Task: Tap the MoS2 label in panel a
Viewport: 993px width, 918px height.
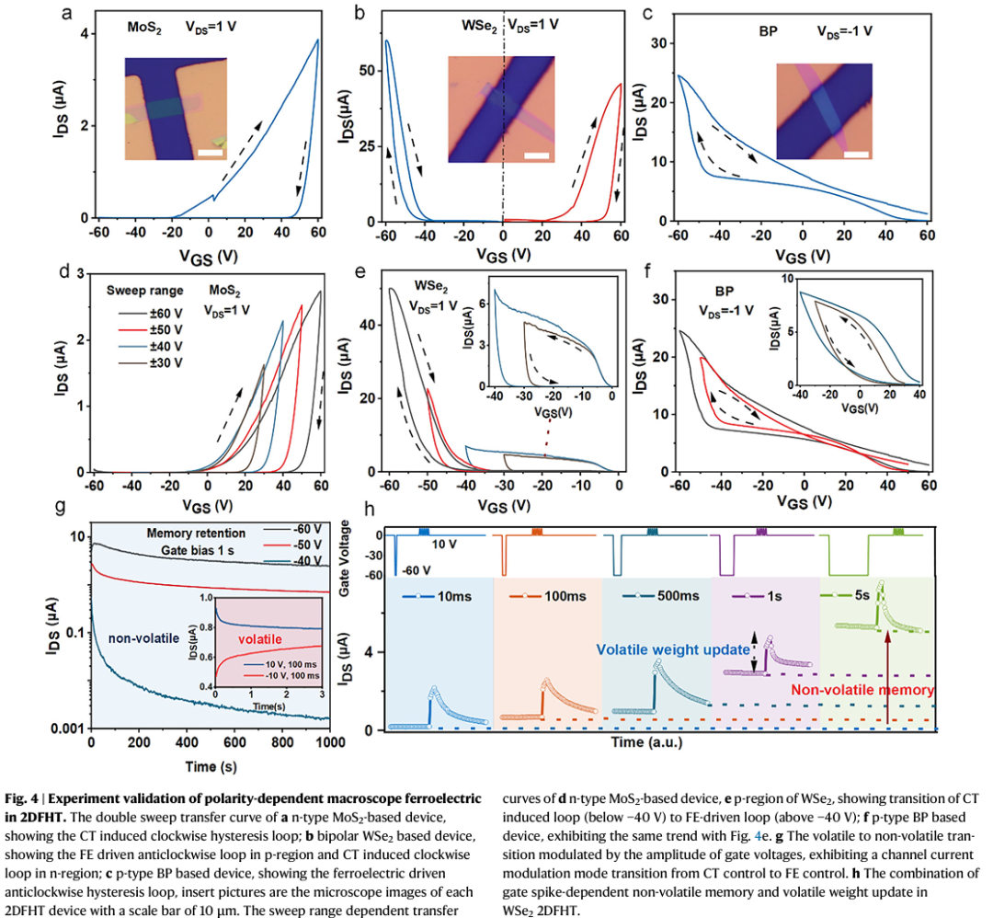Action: pos(146,28)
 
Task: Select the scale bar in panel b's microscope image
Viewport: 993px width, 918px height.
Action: pos(536,153)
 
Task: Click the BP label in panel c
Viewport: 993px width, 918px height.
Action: pos(742,30)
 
